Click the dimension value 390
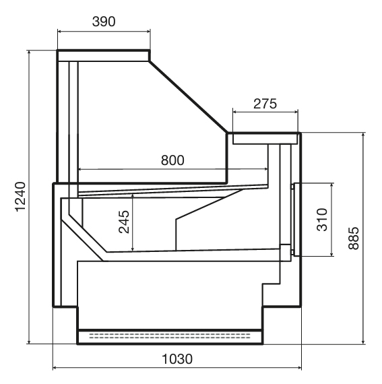point(104,22)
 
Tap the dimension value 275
point(265,104)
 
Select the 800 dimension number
point(172,160)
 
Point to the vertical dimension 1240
point(21,197)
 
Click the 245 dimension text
point(124,222)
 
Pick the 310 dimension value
point(322,220)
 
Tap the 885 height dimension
point(354,238)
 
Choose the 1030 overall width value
point(177,359)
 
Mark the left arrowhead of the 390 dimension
point(59,32)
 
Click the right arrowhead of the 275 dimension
point(296,112)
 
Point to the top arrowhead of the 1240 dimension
point(30,52)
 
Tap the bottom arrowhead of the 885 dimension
point(364,342)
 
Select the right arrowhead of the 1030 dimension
point(299,368)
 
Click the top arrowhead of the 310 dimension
point(332,185)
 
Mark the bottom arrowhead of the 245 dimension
point(133,249)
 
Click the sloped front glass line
point(189,97)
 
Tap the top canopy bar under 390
point(104,55)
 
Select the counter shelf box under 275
point(265,139)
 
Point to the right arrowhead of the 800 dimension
point(265,168)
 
